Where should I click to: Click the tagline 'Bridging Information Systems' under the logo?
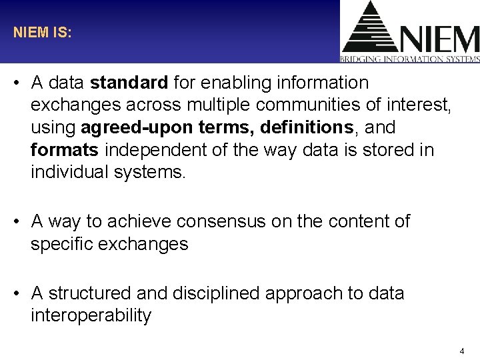click(410, 59)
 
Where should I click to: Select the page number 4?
click(462, 351)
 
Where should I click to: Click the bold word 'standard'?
click(129, 83)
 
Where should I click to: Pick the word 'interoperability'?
click(91, 315)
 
